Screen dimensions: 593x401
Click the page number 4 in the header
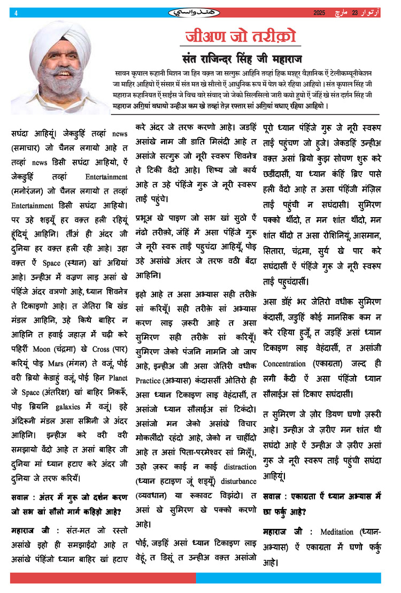tap(17, 13)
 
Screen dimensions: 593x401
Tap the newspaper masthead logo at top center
tap(200, 12)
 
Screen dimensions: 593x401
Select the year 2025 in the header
tap(319, 12)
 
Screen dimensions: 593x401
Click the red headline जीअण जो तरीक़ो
tap(240, 37)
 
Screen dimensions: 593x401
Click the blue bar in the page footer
tap(288, 578)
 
